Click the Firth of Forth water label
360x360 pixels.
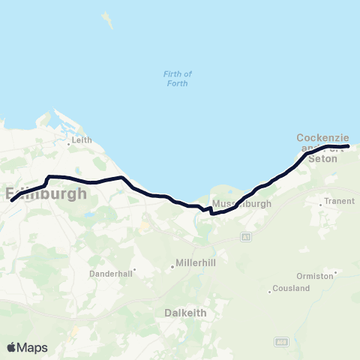click(177, 78)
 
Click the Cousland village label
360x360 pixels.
click(292, 288)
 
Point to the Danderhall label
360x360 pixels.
click(111, 274)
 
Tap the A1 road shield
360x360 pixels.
click(245, 237)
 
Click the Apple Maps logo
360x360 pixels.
click(27, 347)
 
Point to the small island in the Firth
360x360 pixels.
click(110, 18)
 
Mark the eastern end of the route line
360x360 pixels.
click(348, 146)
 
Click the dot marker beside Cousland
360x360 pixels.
click(270, 291)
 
